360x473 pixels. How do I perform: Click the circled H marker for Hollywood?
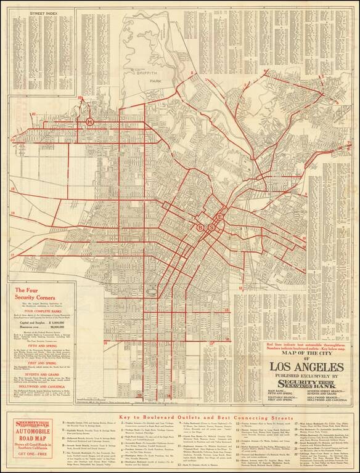click(x=91, y=122)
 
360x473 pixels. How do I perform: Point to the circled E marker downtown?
click(x=219, y=217)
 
